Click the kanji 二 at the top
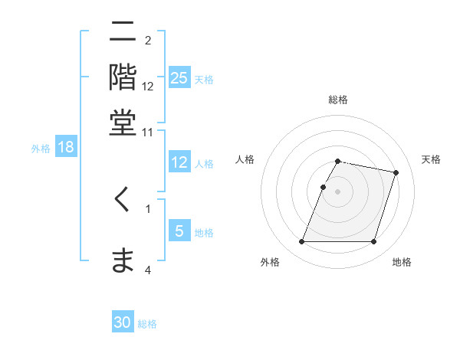(123, 32)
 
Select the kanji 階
(123, 77)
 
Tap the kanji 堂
(123, 123)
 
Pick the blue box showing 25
(179, 78)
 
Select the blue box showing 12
(179, 162)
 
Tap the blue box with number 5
(179, 231)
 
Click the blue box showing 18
(66, 147)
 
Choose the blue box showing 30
(123, 322)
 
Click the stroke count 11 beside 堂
(147, 132)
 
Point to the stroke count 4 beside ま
(147, 270)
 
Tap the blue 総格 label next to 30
(147, 324)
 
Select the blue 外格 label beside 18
(41, 149)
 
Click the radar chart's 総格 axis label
(338, 100)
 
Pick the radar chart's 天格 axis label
(431, 159)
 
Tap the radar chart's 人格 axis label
(245, 159)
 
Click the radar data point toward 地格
(374, 242)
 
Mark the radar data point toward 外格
(302, 242)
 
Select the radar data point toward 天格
(396, 172)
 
